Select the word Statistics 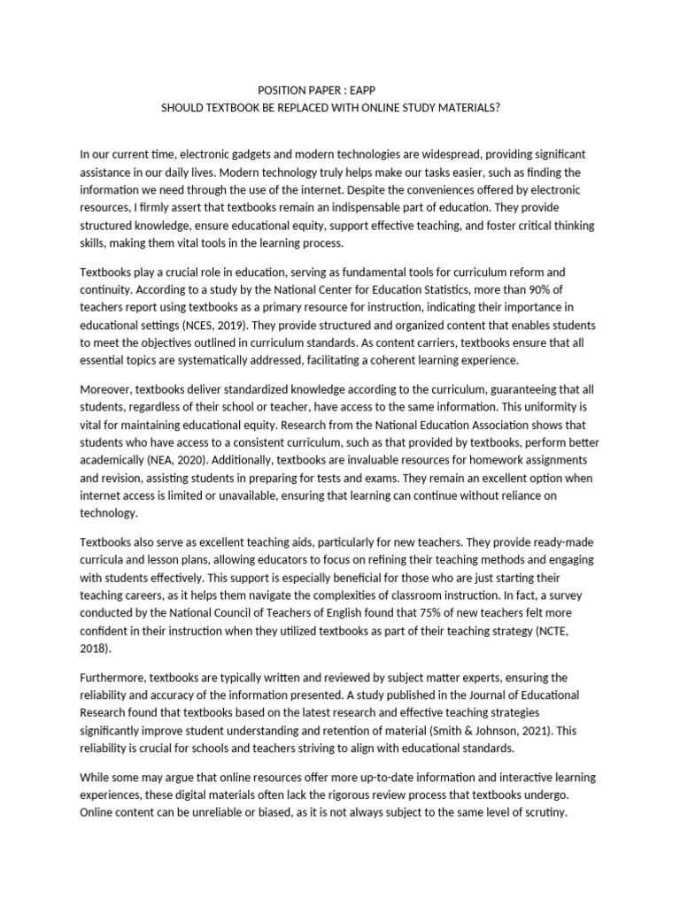[x=460, y=288]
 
